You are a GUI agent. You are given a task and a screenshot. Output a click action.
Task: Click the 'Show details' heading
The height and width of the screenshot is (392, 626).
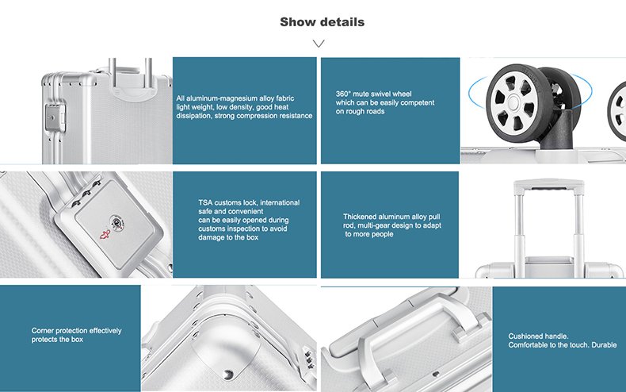tap(322, 21)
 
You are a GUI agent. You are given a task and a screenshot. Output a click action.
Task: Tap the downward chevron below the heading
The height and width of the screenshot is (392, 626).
tap(319, 43)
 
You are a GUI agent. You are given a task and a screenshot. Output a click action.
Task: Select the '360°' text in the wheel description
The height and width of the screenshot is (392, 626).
tap(343, 94)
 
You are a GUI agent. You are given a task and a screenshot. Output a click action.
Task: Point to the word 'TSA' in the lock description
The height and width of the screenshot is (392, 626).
tap(205, 203)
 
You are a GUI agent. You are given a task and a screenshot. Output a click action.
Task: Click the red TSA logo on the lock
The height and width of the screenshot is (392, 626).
tap(105, 234)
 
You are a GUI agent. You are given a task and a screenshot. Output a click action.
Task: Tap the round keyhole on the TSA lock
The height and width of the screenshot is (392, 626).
tap(117, 222)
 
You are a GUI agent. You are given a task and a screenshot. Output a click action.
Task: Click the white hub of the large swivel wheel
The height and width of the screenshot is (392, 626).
tap(513, 102)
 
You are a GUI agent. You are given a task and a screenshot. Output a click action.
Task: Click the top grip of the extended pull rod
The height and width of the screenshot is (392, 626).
tap(548, 185)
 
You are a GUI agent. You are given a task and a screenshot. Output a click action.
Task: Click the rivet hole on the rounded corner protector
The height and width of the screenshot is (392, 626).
tap(228, 375)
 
